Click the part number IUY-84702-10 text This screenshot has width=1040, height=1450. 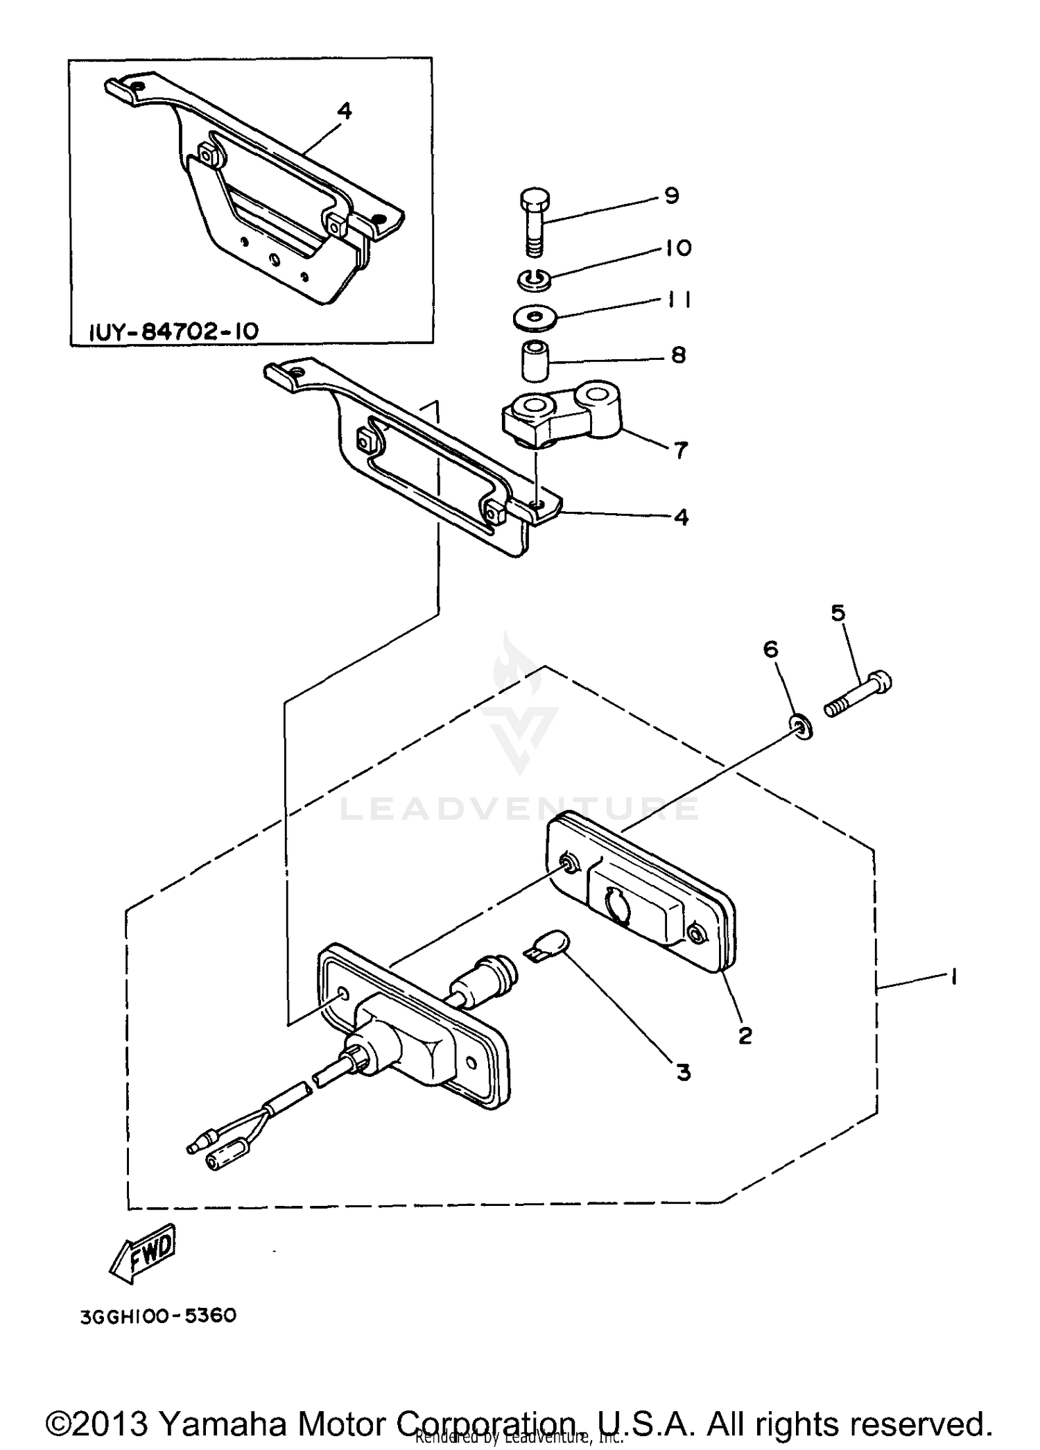174,331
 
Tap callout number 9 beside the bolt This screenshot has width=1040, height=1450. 670,196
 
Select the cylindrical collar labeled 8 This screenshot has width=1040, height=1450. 534,360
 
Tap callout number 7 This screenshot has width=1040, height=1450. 681,451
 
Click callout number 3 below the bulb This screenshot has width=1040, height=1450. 684,1072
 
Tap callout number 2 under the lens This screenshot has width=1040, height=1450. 745,1036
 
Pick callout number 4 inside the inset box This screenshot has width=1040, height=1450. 344,111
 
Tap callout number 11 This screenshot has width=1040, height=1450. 679,300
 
